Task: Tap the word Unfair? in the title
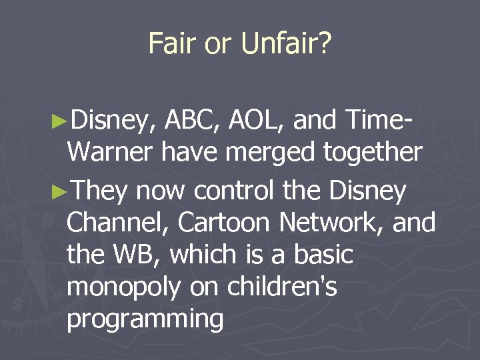pos(287,44)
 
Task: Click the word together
pos(373,154)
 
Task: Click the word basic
pos(322,255)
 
